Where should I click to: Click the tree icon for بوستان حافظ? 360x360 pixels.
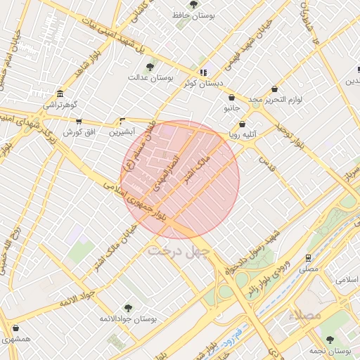tap(193, 4)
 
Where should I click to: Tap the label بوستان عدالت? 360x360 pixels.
tap(150, 77)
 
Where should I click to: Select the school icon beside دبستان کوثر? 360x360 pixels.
tap(203, 72)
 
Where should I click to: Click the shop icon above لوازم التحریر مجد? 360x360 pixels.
tap(274, 89)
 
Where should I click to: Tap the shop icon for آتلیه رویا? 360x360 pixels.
tap(243, 124)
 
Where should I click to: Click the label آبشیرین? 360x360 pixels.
tap(124, 131)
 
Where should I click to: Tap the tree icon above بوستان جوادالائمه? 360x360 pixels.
tap(128, 308)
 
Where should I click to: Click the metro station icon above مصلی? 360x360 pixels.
tap(308, 258)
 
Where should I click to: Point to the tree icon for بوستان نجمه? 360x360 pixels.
tap(330, 340)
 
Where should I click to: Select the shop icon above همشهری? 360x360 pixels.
tap(15, 328)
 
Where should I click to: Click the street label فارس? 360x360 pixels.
tap(265, 166)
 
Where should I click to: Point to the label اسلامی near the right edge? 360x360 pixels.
tap(347, 280)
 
